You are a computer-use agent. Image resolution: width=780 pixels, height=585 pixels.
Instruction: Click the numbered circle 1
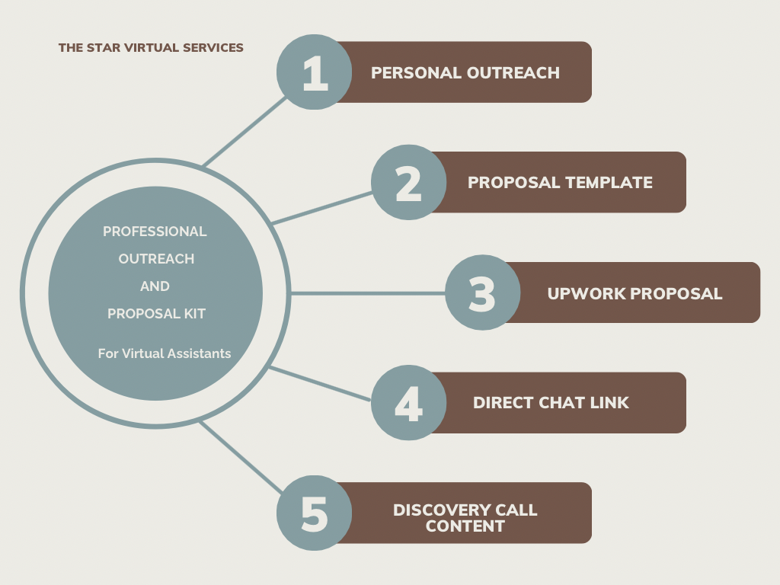[x=314, y=72]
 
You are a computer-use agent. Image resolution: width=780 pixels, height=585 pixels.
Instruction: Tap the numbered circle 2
[x=409, y=183]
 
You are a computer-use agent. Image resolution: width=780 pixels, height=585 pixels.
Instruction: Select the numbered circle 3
[x=482, y=293]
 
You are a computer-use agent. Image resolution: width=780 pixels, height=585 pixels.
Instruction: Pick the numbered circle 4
[x=409, y=403]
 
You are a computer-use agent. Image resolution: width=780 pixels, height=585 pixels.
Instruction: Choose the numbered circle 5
[x=314, y=513]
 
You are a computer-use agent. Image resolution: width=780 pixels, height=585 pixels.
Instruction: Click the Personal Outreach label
[x=465, y=73]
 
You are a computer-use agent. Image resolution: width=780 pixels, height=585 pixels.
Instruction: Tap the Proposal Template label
[x=560, y=183]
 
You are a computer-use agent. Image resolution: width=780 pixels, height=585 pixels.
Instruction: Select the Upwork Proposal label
[x=635, y=293]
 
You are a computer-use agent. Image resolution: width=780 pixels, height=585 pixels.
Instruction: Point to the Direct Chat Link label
[x=551, y=403]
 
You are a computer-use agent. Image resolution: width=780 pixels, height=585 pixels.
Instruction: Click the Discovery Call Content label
[x=465, y=517]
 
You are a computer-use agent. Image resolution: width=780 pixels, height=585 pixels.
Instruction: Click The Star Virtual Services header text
[x=151, y=48]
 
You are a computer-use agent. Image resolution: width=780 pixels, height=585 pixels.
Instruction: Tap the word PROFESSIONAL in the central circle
[x=155, y=232]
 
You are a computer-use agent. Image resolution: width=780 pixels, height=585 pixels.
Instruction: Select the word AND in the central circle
[x=155, y=286]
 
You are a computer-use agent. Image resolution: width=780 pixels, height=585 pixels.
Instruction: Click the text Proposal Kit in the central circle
[x=156, y=314]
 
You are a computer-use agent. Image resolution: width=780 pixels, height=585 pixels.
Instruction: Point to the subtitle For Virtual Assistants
[x=164, y=353]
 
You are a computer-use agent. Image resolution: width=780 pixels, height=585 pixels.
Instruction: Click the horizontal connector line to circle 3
[x=366, y=293]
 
